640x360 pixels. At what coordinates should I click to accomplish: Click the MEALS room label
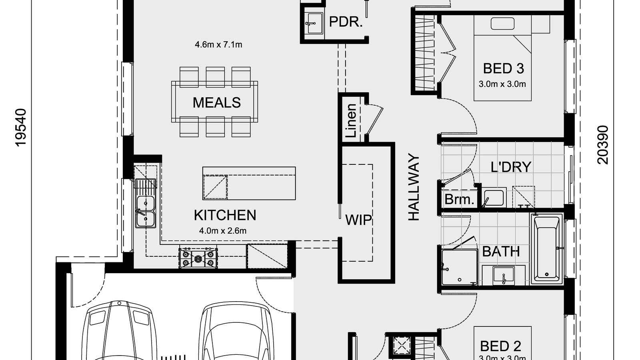pos(216,103)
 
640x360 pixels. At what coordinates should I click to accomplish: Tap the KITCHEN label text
pos(225,215)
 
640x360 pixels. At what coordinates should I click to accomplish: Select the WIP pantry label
pos(358,220)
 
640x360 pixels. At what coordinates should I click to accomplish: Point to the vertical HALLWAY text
pos(414,188)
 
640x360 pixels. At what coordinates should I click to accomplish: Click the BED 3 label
pos(503,68)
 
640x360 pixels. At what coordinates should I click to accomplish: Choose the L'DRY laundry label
pos(511,167)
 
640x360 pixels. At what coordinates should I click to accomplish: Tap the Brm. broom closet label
pos(459,199)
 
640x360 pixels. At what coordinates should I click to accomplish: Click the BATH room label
pos(501,252)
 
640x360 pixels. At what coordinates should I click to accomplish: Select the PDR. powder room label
pos(346,22)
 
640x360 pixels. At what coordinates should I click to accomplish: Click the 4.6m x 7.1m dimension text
pos(218,44)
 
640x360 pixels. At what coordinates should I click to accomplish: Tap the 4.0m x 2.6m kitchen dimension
pos(222,231)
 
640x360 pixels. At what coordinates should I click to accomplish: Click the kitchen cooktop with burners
pos(198,258)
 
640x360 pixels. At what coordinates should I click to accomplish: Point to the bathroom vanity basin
pos(504,276)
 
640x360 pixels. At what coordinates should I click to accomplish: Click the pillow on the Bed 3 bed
pos(503,24)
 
